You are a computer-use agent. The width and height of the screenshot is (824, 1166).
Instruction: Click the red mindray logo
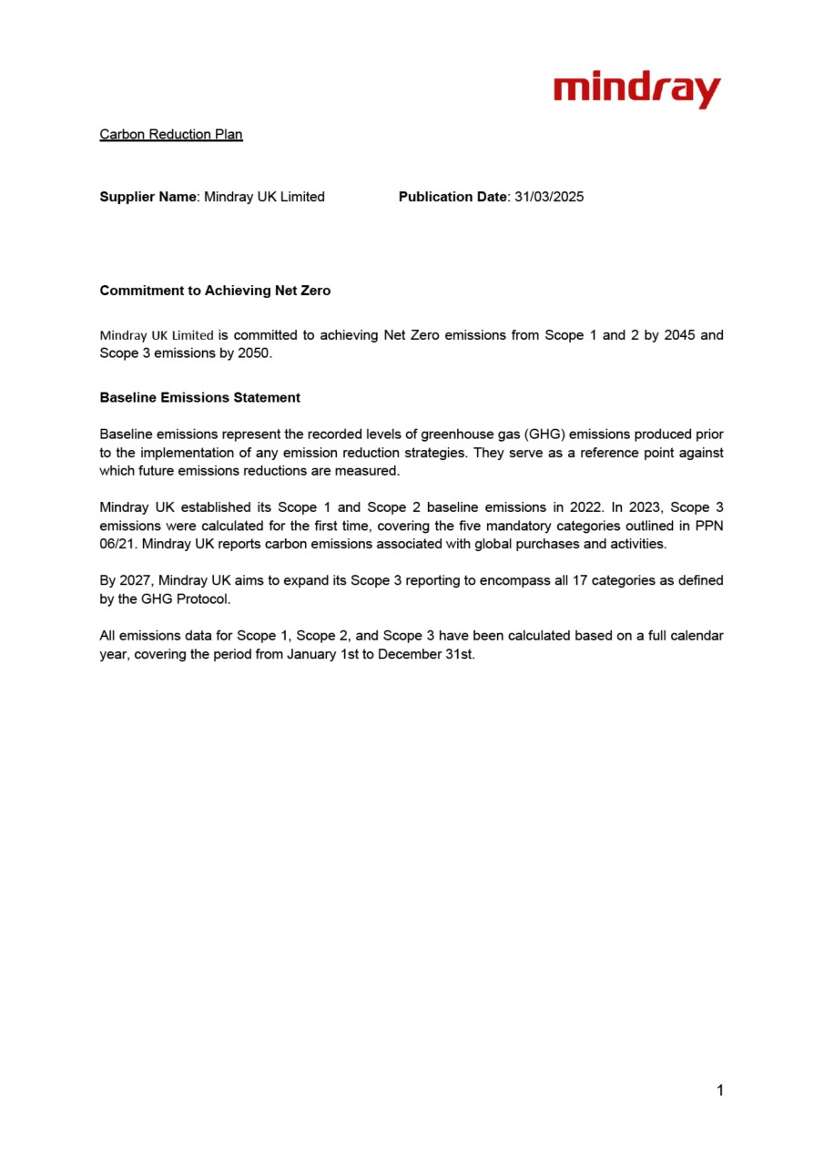point(636,91)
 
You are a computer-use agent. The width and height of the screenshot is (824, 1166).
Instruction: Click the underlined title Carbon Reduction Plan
point(170,135)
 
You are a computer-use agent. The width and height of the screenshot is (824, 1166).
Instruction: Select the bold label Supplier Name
point(148,197)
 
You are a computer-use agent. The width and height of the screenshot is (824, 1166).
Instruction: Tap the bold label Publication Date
point(451,197)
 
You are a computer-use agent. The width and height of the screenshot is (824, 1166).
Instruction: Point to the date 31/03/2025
point(548,197)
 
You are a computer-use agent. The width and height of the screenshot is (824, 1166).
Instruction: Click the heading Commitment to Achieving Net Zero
point(215,291)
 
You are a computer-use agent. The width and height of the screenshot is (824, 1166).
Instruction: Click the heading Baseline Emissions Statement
point(199,398)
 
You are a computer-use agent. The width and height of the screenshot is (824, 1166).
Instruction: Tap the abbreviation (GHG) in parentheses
point(544,435)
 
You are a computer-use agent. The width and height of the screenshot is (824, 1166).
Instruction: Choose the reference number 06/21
point(118,544)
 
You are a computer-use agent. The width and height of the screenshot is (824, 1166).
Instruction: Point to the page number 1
point(719,1090)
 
